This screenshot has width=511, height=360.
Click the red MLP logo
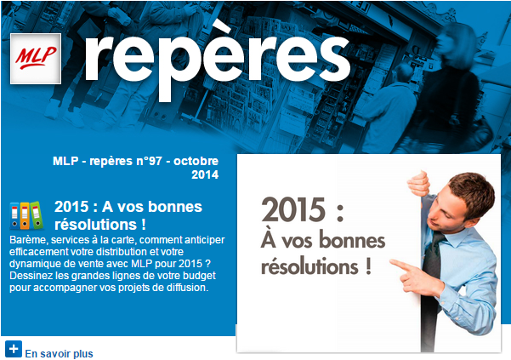click(36, 59)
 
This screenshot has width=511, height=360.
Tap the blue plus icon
click(14, 349)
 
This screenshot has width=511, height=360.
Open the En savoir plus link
click(59, 353)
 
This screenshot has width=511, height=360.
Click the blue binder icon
click(14, 215)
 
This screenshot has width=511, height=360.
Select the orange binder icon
click(25, 215)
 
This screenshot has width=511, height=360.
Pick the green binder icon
click(36, 214)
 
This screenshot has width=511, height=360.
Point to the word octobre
click(196, 161)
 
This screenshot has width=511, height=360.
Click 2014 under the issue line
click(205, 174)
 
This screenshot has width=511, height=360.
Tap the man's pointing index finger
click(400, 265)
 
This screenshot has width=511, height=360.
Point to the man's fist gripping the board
click(418, 183)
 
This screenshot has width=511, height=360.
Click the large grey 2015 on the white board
click(293, 209)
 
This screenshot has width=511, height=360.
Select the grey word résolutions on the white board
click(309, 266)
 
